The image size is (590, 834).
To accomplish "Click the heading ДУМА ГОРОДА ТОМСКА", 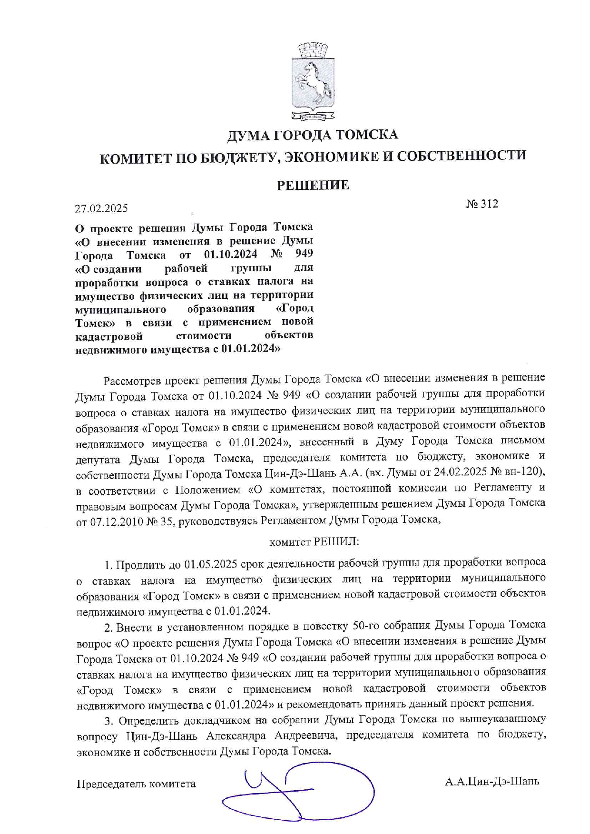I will coord(312,135).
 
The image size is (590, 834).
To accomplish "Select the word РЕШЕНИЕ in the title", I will coord(313,185).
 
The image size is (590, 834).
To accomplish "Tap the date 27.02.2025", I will coord(101,208).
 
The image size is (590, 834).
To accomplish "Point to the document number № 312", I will coord(482,204).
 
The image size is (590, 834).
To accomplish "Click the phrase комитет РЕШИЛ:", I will coord(314,542).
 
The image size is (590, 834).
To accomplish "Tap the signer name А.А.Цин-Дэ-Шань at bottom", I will coord(492,782).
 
